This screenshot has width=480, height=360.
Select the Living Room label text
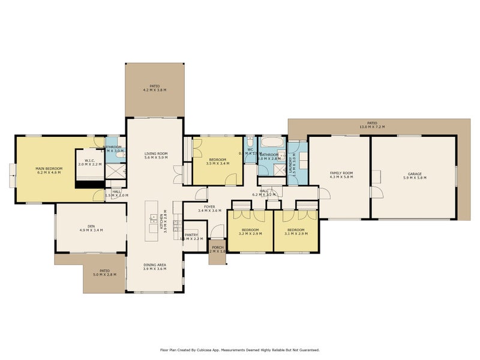pos(155,154)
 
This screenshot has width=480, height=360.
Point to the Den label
pos(91,226)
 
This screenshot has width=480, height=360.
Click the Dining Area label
pos(155,265)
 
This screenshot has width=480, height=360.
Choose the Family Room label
pos(341,173)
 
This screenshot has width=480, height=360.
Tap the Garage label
pos(415,173)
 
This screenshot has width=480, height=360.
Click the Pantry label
pos(191,235)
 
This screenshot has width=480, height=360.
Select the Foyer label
pos(209,207)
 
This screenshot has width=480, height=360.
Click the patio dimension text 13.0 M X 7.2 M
pos(371,127)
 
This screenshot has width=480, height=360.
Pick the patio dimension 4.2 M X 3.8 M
pos(155,90)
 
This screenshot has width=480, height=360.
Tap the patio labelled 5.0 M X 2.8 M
pos(104,275)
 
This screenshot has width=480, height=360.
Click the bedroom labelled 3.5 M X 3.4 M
pos(217,161)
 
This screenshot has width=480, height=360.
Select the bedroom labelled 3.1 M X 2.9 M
pos(295,232)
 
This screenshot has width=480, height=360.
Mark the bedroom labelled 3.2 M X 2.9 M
pos(250,232)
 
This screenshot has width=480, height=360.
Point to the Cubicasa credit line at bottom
pos(239,349)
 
